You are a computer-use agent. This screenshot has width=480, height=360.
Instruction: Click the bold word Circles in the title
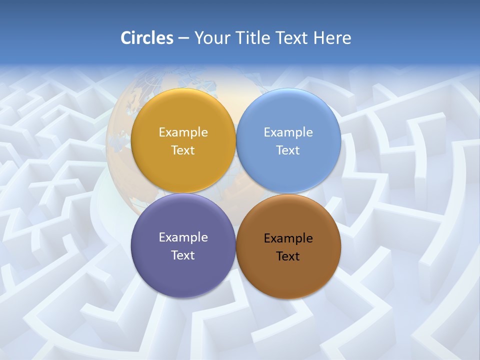pyautogui.click(x=146, y=38)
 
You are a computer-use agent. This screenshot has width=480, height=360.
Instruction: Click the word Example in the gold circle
pyautogui.click(x=183, y=132)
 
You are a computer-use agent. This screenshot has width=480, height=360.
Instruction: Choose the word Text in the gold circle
pyautogui.click(x=183, y=150)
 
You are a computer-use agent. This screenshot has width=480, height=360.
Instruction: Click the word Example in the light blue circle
pyautogui.click(x=288, y=132)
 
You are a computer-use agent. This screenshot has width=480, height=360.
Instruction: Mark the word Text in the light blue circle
pyautogui.click(x=288, y=150)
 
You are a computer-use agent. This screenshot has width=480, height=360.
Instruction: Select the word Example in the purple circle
pyautogui.click(x=183, y=237)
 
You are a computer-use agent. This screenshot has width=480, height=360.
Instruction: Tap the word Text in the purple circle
pyautogui.click(x=183, y=255)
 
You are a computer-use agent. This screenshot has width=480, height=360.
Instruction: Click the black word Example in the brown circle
pyautogui.click(x=288, y=238)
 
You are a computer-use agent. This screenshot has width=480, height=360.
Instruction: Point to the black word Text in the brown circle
pyautogui.click(x=288, y=256)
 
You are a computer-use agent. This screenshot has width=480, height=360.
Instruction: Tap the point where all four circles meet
pyautogui.click(x=236, y=193)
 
